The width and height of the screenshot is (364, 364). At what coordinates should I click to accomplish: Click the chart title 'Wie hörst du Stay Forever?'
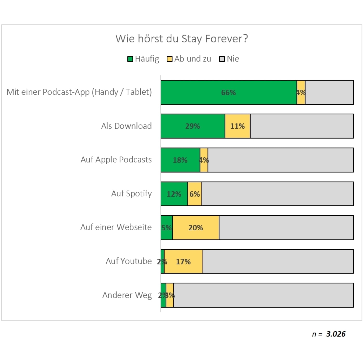182,39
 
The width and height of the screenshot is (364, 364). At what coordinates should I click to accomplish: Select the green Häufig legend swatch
130,59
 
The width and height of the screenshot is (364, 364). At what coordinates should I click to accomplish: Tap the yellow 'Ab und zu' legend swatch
170,59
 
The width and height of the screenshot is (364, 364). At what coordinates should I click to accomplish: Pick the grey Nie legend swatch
222,59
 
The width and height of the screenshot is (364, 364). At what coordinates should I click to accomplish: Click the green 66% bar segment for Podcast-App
229,93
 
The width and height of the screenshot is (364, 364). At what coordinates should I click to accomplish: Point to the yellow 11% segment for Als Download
237,126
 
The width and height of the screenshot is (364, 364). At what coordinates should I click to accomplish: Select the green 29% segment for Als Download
193,126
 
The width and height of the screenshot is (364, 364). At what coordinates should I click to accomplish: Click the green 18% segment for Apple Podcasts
180,160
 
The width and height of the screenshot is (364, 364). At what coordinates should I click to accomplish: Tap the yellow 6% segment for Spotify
194,194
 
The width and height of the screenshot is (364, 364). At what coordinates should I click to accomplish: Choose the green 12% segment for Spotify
174,194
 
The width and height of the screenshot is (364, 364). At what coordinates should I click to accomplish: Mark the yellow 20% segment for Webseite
196,228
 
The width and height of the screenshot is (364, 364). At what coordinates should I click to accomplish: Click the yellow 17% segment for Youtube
183,262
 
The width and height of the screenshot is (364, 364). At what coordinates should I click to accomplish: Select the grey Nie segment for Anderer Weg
263,295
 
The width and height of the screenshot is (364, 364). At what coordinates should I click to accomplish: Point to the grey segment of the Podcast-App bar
329,93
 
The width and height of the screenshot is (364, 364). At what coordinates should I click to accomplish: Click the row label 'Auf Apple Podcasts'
116,160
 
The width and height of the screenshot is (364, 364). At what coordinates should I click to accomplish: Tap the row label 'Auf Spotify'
131,194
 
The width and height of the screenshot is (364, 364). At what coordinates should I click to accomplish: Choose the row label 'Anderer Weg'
127,295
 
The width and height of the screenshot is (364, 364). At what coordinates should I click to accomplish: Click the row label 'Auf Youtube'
128,261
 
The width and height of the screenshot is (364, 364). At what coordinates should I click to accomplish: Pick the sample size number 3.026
336,334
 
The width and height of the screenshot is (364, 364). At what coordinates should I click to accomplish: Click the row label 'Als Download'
126,126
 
